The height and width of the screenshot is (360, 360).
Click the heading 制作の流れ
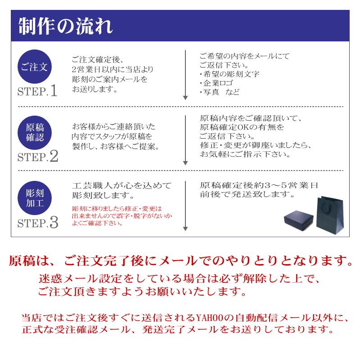coord(66,27)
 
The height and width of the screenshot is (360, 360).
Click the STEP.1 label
coord(38,92)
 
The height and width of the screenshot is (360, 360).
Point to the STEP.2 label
coord(38,157)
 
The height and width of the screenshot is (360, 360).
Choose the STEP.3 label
coord(38,222)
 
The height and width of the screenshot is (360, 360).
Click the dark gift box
coord(300,219)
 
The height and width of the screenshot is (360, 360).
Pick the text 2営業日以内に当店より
coord(112,70)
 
